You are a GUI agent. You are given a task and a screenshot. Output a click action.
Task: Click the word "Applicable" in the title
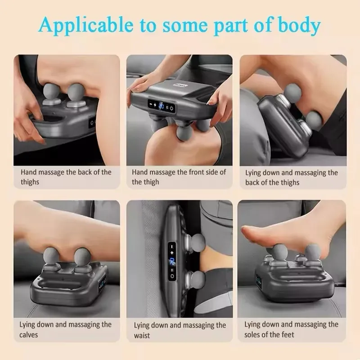[x=86, y=25]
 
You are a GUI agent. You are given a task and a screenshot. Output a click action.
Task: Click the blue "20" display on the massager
[x=162, y=106]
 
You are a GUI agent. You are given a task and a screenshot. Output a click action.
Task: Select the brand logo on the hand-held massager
[x=182, y=85]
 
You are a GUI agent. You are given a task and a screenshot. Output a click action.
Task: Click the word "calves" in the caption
[x=28, y=335]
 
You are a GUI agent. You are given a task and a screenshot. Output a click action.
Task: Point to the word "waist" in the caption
[x=142, y=335]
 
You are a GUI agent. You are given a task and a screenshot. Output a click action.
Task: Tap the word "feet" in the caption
[x=288, y=334]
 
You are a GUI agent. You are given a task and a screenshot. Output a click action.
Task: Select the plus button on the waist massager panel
[x=172, y=252]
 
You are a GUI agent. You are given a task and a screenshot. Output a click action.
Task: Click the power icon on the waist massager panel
[x=172, y=276]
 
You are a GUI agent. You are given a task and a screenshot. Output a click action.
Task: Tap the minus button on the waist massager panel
[x=172, y=247]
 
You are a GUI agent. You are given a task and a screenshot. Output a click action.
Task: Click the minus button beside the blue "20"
[x=151, y=104]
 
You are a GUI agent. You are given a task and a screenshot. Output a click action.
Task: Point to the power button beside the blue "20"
[x=172, y=108]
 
